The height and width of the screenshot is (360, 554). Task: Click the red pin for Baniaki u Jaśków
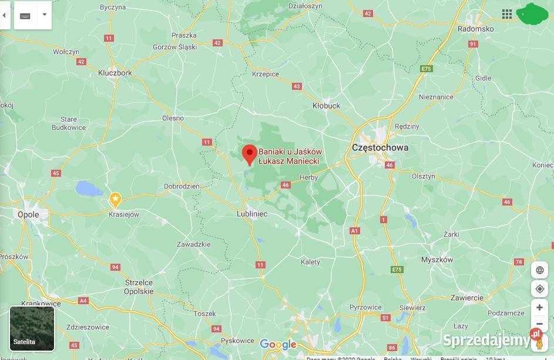(249, 154)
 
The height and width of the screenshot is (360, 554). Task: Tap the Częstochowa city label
(380, 147)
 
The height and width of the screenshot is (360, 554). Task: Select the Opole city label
(28, 214)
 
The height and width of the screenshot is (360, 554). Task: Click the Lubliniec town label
(252, 214)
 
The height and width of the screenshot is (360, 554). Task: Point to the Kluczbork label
(115, 73)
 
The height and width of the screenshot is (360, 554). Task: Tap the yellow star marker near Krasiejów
(116, 200)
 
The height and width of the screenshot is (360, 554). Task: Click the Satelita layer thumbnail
(32, 328)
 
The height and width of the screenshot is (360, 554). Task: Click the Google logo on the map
(278, 344)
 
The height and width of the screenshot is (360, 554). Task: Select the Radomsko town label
(475, 28)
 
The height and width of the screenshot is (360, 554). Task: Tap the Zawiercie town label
(468, 298)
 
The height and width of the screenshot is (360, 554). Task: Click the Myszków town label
(437, 259)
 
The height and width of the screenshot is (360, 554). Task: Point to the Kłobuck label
(326, 106)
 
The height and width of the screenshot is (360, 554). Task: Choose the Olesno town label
(173, 117)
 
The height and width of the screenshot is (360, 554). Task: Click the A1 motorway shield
(354, 231)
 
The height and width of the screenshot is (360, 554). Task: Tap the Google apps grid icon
(506, 14)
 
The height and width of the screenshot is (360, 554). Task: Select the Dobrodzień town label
(182, 186)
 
